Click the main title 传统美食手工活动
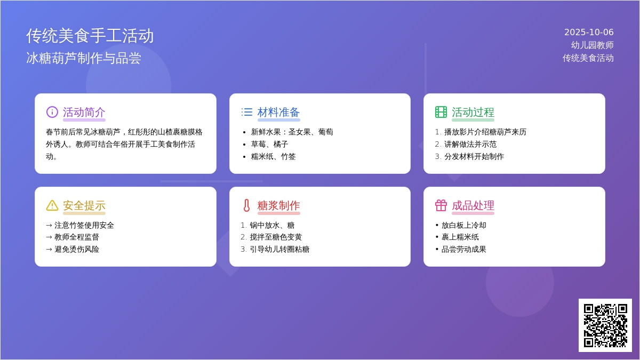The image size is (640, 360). pyautogui.click(x=90, y=36)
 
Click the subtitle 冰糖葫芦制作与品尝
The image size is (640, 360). pyautogui.click(x=84, y=58)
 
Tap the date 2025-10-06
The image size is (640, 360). pyautogui.click(x=589, y=33)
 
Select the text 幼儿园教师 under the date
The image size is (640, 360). pyautogui.click(x=593, y=45)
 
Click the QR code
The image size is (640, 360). pyautogui.click(x=605, y=325)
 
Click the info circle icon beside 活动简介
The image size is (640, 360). pyautogui.click(x=52, y=112)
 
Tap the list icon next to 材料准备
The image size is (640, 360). pyautogui.click(x=246, y=112)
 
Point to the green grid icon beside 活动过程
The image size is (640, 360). pyautogui.click(x=441, y=112)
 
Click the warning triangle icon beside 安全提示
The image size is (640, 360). pyautogui.click(x=52, y=205)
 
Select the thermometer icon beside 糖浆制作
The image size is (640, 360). pyautogui.click(x=246, y=205)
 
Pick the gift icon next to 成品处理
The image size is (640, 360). pyautogui.click(x=441, y=205)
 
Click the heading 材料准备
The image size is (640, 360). pyautogui.click(x=278, y=113)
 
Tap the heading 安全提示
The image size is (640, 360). pyautogui.click(x=84, y=205)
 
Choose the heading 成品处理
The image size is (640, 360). pyautogui.click(x=473, y=205)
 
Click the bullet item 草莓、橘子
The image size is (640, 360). pyautogui.click(x=269, y=145)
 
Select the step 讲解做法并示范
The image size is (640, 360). pyautogui.click(x=470, y=145)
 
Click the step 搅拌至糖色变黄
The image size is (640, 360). pyautogui.click(x=276, y=237)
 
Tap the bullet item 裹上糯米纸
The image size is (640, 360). pyautogui.click(x=460, y=237)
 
